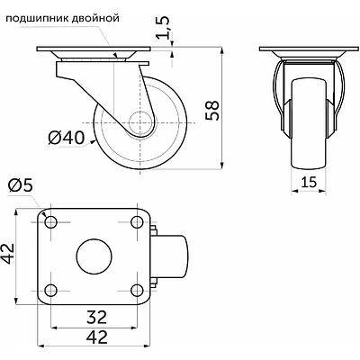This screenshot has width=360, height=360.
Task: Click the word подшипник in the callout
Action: pos(37,19)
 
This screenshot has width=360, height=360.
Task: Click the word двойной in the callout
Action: pos(95,19)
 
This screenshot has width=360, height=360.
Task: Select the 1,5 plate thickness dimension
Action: pos(164,28)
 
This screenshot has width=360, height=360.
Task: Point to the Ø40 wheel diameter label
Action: pos(66,139)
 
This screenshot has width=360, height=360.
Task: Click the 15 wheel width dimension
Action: pos(309,182)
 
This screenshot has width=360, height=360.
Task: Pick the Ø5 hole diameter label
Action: pos(20,186)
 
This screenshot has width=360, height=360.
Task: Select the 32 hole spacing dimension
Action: pos(96,317)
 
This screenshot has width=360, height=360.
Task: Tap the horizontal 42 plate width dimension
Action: pos(96,337)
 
